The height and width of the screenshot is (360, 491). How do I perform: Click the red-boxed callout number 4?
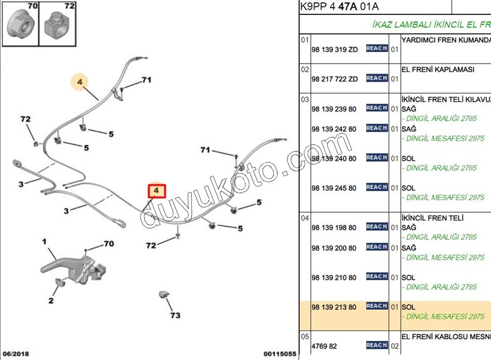pos(157,191)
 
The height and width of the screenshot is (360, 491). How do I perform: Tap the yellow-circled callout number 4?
pos(80,81)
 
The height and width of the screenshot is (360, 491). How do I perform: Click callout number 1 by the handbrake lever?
pos(44,242)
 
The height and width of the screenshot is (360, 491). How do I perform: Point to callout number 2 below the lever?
pos(51,300)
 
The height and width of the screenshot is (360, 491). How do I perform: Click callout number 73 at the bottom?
pos(175,316)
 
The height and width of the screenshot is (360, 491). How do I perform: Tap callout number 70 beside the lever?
pos(109,244)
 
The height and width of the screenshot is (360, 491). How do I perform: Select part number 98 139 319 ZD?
pos(334,50)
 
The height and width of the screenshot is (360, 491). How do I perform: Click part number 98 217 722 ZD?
pos(334,79)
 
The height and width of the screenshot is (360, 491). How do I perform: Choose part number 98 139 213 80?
pos(334,307)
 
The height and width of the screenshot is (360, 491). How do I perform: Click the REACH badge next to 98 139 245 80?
pos(377,187)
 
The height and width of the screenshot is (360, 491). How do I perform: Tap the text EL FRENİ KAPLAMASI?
pos(438,69)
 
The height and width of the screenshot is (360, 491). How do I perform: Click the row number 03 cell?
pos(304,99)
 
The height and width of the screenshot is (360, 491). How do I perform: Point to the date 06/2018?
pos(16,354)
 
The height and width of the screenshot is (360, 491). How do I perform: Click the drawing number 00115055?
pos(280,354)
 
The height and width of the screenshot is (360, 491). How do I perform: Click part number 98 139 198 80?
pos(334,228)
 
